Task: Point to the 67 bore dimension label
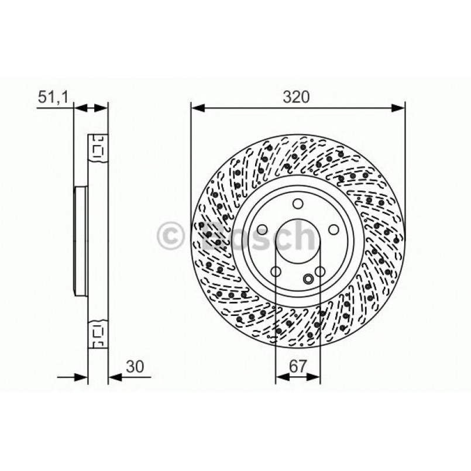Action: (x=298, y=367)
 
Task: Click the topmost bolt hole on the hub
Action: (x=298, y=204)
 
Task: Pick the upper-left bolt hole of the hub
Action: (x=261, y=230)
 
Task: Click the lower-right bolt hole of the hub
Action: (x=321, y=272)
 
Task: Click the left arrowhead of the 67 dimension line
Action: (x=280, y=377)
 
